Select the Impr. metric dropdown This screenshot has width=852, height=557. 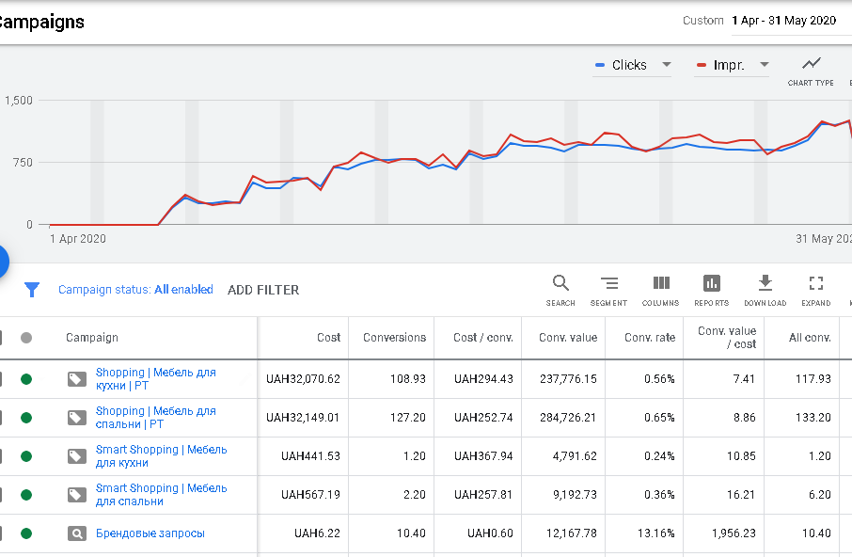click(x=732, y=65)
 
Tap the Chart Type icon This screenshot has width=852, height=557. click(x=811, y=64)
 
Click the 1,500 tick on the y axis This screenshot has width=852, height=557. click(x=19, y=101)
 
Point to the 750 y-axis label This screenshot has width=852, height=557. click(x=23, y=163)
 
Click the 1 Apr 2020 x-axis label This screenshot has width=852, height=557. click(x=78, y=239)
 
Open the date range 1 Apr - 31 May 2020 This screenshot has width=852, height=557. click(x=783, y=21)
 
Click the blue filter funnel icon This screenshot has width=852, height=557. click(x=32, y=290)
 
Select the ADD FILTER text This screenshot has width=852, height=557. click(x=263, y=290)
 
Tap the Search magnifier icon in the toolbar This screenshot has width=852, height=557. click(x=560, y=283)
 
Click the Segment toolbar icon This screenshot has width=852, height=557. click(x=609, y=283)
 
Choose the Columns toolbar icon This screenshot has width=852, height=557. click(x=661, y=282)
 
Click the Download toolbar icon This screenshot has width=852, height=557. click(x=765, y=282)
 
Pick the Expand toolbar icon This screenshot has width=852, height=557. click(x=816, y=282)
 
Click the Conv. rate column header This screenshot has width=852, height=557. click(x=650, y=338)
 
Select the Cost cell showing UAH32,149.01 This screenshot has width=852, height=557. click(x=303, y=418)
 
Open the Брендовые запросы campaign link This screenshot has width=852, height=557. click(x=150, y=533)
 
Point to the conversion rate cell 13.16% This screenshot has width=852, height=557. click(x=655, y=533)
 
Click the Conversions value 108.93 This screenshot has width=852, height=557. click(x=408, y=379)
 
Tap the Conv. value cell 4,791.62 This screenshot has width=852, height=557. click(x=575, y=456)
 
